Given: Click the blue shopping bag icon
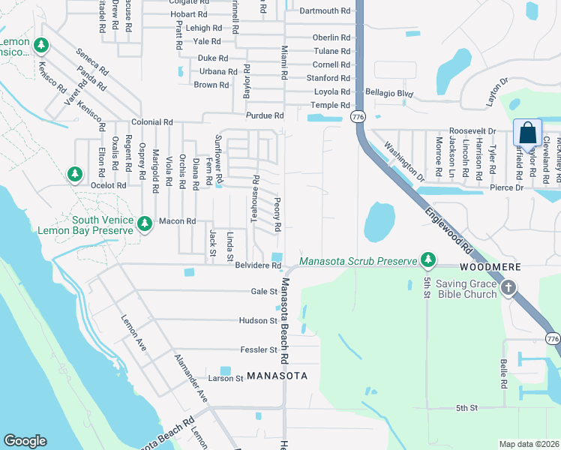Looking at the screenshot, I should pos(528,133).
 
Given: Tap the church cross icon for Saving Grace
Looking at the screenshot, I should pos(508,287).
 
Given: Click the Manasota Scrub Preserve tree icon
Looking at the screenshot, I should pos(428,260).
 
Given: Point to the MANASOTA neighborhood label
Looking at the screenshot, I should pos(277,376).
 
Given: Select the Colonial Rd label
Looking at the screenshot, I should pos(152,121).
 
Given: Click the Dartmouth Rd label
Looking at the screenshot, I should pos(325,11).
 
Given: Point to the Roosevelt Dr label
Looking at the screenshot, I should pos(472,130).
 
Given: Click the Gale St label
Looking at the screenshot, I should pos(264,291).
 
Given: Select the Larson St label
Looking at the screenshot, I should pos(226,379).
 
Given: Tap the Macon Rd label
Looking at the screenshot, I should pos(177,221).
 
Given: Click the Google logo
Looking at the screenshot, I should pos(25,441).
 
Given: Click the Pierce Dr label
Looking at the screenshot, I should pos(506,187).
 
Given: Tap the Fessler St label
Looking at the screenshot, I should pos(259,349).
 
